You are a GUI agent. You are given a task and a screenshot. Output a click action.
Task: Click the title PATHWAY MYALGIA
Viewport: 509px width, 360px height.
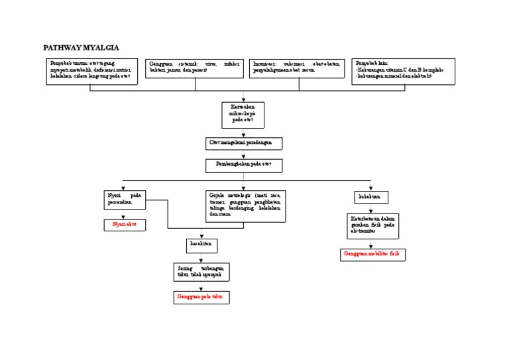point(82,48)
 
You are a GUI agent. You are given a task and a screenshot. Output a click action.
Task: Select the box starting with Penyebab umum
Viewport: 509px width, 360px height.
point(90,71)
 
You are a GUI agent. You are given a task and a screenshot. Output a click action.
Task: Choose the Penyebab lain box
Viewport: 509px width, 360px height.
point(403,71)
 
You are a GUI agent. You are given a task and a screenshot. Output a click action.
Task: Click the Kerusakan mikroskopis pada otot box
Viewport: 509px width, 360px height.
point(243,115)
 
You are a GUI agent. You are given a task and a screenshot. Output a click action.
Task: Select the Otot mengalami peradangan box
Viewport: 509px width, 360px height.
point(243,144)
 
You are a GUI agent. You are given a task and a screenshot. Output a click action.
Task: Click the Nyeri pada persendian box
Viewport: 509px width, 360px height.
point(124,199)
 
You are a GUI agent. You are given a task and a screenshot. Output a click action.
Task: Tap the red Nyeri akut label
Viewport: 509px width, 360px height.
point(124,225)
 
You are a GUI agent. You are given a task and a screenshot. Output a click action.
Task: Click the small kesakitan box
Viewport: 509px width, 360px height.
point(201,246)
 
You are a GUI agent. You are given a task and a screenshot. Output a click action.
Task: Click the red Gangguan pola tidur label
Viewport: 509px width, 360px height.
point(201,298)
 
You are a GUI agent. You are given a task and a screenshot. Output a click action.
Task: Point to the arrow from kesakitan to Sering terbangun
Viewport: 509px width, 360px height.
point(201,258)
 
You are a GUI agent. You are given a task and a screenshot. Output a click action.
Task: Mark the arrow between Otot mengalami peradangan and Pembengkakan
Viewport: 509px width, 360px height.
point(243,154)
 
